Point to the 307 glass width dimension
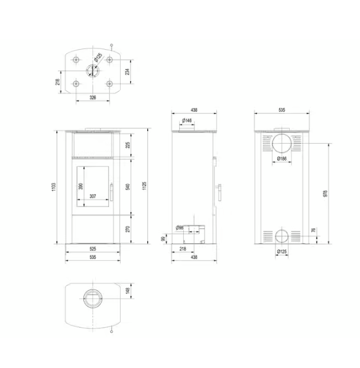(93, 196)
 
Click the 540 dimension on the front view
(128, 187)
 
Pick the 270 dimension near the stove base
(128, 228)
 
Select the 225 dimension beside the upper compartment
(128, 145)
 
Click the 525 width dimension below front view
(93, 249)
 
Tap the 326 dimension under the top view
(93, 96)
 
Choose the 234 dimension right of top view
(127, 72)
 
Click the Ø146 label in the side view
(187, 121)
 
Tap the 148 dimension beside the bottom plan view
(128, 290)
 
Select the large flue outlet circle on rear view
(282, 143)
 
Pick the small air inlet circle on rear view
(282, 236)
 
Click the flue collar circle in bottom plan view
(93, 297)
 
